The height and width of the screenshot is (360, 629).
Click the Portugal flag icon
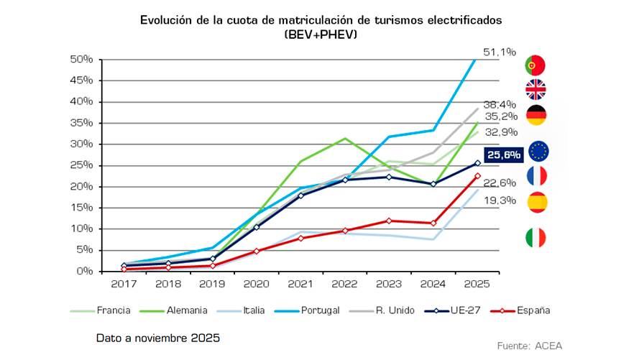[x=536, y=65]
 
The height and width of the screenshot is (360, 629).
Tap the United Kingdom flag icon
[x=536, y=90]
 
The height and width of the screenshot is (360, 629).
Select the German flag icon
[x=536, y=115]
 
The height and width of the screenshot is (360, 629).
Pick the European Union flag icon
[x=538, y=151]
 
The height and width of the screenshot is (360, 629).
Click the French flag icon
[x=536, y=176]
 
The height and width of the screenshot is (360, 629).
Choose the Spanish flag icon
[x=536, y=203]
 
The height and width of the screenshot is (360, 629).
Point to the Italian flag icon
[x=536, y=238]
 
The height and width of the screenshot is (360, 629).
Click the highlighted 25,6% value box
[x=502, y=154]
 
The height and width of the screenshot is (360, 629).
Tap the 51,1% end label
[x=500, y=52]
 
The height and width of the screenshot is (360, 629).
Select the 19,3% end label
[x=500, y=200]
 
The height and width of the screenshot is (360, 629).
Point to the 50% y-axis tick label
[x=81, y=59]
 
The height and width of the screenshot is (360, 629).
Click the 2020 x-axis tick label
[x=257, y=285]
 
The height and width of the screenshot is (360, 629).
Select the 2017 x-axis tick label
[x=123, y=285]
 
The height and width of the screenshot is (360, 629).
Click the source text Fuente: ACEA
[x=530, y=346]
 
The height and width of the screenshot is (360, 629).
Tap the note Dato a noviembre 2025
[x=157, y=336]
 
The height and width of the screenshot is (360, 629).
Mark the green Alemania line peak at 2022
[x=346, y=138]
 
